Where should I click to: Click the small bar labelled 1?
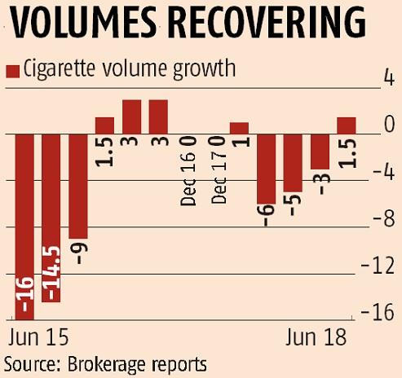(x=239, y=128)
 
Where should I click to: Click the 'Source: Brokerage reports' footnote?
(x=105, y=362)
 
